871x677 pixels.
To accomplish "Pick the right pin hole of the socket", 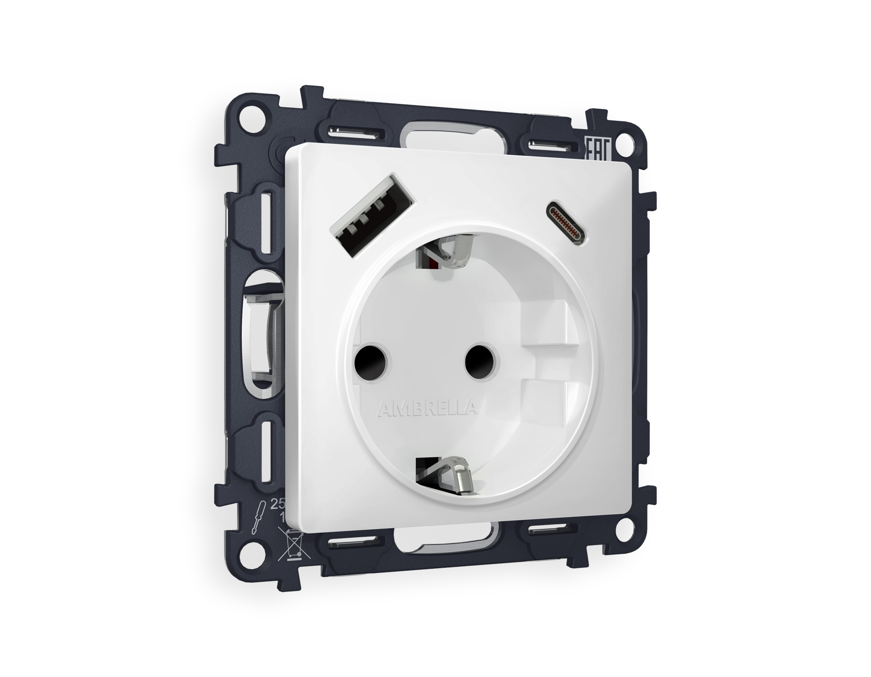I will point(481,362).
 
